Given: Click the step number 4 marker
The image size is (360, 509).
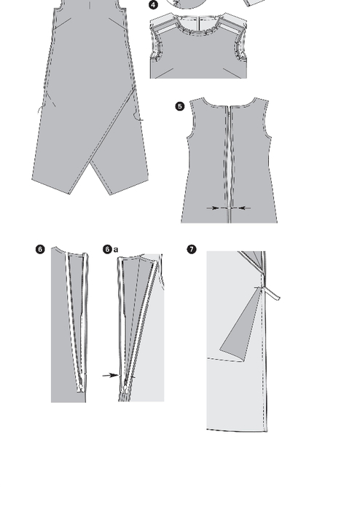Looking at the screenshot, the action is point(153,5).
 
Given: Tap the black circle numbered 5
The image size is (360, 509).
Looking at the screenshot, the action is point(180,106).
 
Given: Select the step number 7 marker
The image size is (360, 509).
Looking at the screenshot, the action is point(192,249).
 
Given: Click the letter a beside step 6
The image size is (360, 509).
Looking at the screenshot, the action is point(116,250).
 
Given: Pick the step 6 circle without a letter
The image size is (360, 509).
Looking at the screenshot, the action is point(40,249).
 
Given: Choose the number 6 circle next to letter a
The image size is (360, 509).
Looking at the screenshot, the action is point(108,249).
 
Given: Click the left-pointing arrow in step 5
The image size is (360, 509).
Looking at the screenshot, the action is point(244,208).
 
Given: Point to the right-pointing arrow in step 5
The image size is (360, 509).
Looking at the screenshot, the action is point(213,208).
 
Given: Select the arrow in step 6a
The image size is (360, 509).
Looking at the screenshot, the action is point(111,375).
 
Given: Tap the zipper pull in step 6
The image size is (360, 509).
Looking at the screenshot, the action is point(80,387).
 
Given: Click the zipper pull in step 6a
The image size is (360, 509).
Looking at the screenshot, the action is point(126,386).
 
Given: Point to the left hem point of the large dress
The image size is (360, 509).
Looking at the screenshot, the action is point(69,194).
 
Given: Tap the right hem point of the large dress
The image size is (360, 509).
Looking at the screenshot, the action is point(111,194).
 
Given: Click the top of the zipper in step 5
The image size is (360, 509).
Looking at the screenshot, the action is point(230,107).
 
